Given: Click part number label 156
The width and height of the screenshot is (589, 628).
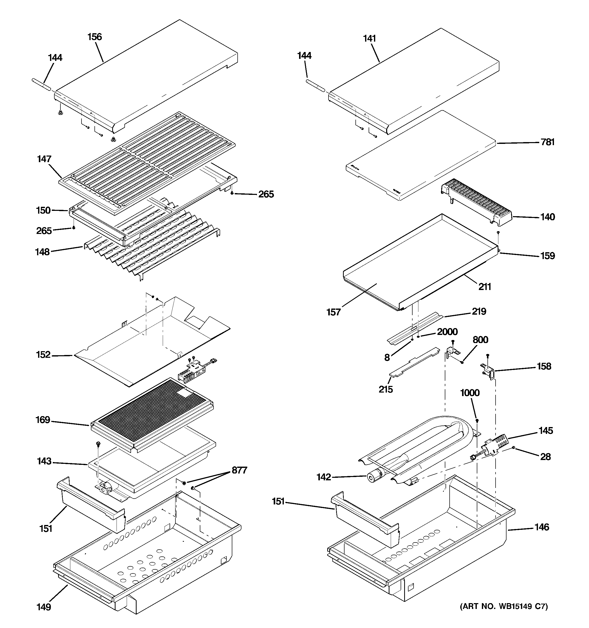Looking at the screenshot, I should (x=94, y=37).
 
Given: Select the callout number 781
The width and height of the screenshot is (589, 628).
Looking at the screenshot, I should (x=548, y=142).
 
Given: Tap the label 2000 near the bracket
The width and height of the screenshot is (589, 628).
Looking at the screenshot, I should (x=447, y=332).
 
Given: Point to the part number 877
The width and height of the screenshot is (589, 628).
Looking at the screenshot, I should (x=239, y=470).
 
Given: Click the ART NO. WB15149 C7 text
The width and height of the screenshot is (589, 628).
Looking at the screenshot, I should (x=503, y=606).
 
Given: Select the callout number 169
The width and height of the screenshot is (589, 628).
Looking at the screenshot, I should (x=43, y=420).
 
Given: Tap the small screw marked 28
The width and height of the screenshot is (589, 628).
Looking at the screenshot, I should (x=514, y=448).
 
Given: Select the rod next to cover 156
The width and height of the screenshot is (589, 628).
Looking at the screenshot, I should (x=41, y=85).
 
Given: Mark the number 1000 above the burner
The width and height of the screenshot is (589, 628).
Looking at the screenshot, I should (x=469, y=393).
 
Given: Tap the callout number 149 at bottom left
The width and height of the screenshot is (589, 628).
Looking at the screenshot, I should (x=44, y=607).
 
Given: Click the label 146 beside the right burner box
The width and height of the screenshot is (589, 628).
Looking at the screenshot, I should (x=542, y=527).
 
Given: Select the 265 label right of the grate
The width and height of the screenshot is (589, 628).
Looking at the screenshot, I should (x=266, y=194).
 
